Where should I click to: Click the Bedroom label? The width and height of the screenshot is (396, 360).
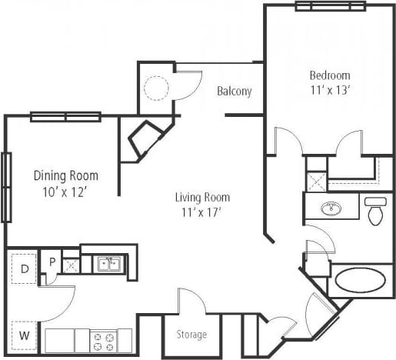point(329,75)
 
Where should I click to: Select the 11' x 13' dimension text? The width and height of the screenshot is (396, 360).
point(329,89)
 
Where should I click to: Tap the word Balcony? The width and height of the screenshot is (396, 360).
point(234,92)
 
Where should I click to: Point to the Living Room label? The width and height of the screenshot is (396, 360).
point(202,197)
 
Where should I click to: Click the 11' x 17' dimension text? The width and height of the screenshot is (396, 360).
point(202,212)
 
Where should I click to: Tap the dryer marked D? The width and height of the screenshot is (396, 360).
point(24,268)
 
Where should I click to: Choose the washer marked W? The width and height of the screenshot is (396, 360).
point(24,335)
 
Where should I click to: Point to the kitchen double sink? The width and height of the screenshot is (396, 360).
point(108,265)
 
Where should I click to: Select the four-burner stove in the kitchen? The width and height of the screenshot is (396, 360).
point(104,339)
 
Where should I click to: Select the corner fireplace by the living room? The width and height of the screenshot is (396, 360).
point(143,140)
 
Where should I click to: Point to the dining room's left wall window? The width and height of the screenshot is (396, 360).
point(6,187)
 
